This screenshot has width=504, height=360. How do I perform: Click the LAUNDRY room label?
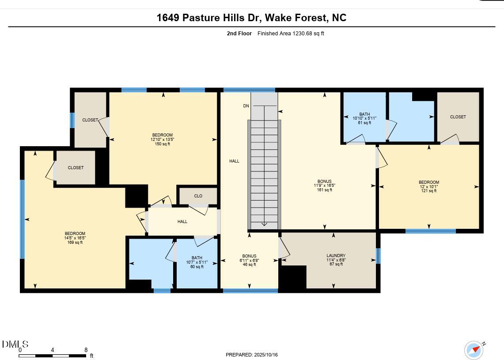336,256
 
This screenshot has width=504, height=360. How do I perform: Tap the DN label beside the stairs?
246,106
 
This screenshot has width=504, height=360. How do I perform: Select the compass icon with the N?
474,350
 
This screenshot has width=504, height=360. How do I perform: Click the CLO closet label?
198,196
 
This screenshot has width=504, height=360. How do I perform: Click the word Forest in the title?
311,17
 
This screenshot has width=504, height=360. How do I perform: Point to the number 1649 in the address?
168,17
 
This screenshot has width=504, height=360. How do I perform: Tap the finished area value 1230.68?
302,34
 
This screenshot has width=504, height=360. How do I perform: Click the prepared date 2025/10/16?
266,355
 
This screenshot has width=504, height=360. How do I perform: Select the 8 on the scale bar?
86,350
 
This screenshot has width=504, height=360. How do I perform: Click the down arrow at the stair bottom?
264,224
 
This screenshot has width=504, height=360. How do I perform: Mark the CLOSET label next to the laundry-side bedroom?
458,117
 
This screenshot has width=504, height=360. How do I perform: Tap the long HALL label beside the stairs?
234,161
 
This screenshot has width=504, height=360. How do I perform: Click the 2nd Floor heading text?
239,34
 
